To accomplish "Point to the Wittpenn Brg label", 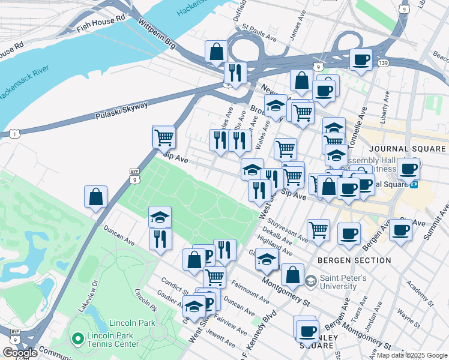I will [157, 34].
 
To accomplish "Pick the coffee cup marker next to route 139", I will [361, 60].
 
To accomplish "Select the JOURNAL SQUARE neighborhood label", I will [408, 149].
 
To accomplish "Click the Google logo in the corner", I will [19, 353].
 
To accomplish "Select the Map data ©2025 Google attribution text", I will [411, 355].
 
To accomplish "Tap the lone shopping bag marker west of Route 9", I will [96, 196].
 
